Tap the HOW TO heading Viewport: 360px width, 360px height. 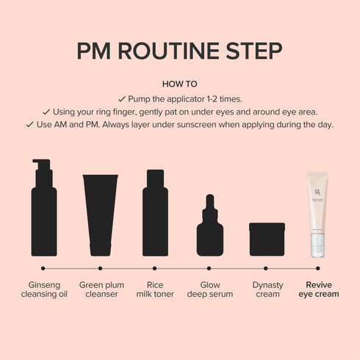click(180, 84)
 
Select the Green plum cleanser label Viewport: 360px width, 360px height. click(101, 289)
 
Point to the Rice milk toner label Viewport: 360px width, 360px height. click(155, 289)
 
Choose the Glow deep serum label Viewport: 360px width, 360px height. click(209, 289)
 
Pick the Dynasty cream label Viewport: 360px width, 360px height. click(267, 289)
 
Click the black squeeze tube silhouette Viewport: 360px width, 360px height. click(100, 214)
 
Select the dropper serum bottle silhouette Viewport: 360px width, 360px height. click(210, 228)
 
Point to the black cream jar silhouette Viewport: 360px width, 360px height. click(267, 239)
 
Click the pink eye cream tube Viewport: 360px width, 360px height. click(317, 213)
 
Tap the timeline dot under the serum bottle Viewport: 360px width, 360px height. click(209, 268)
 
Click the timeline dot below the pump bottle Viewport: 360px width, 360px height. click(43, 268)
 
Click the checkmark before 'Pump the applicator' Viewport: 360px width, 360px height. click(121, 98)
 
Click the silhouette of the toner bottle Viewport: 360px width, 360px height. click(155, 212)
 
